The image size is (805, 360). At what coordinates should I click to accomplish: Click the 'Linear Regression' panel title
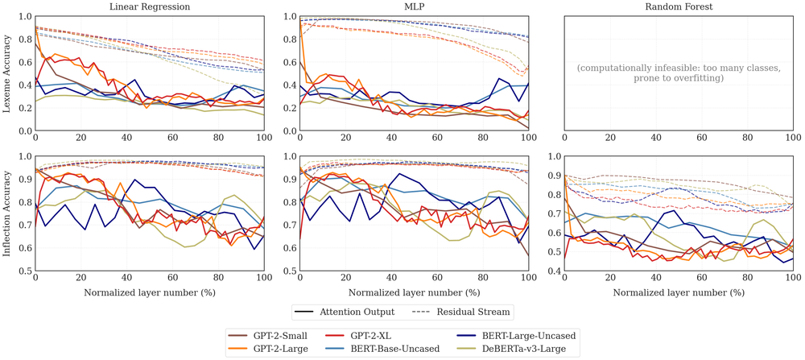(x=150, y=7)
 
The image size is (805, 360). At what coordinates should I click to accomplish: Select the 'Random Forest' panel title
(x=679, y=7)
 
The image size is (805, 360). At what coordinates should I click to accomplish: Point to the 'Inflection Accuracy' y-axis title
(x=7, y=213)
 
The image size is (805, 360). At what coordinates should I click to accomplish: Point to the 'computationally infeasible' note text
(x=679, y=73)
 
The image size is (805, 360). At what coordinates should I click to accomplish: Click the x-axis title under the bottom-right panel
(x=679, y=292)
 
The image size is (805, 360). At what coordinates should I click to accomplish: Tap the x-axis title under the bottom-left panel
(x=150, y=292)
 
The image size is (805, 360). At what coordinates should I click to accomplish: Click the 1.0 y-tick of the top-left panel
(x=24, y=16)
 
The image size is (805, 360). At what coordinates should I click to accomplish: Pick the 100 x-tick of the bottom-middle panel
(x=528, y=279)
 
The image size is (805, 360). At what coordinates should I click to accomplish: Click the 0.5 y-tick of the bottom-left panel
(x=24, y=271)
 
